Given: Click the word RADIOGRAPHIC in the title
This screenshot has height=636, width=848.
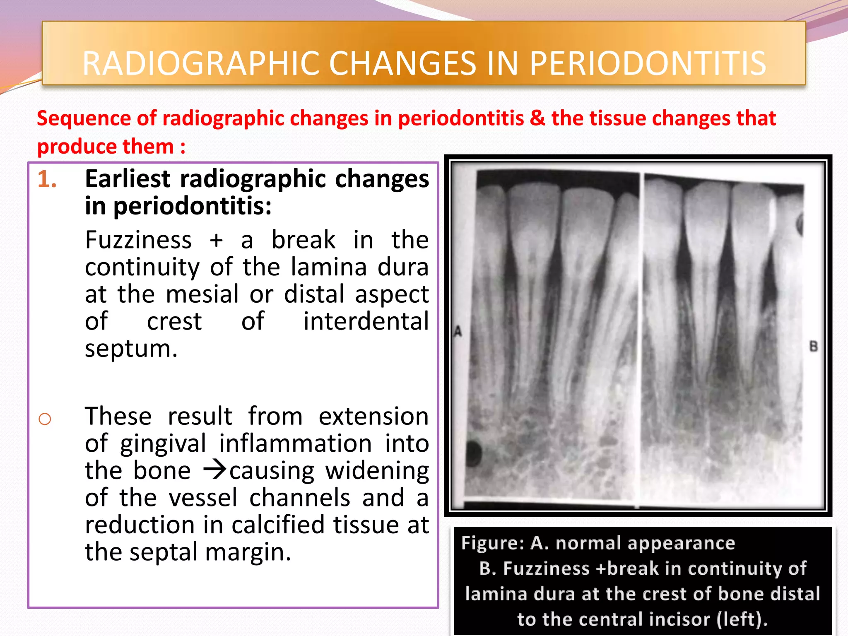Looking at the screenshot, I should (202, 63).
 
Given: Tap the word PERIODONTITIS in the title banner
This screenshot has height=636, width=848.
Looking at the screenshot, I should (648, 63).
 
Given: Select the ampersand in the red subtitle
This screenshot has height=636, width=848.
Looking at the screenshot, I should (537, 118).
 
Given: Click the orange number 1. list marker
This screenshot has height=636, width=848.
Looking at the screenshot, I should (47, 180).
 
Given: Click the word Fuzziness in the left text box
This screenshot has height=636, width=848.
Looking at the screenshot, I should (138, 240).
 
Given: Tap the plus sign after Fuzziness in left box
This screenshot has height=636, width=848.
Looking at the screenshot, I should (216, 241).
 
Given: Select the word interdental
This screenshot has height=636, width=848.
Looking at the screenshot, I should (366, 321).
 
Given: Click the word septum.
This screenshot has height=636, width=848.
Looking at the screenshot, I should (131, 349).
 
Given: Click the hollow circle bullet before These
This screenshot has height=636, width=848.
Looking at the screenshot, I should (45, 419).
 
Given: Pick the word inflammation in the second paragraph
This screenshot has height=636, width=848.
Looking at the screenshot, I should (295, 443).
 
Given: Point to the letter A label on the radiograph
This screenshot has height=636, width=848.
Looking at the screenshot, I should (458, 331).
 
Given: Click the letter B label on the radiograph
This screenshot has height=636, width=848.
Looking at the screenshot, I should (813, 346).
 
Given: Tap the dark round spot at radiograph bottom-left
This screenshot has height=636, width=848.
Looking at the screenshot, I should (474, 453).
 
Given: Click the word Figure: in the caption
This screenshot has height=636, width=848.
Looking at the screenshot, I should (493, 543).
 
